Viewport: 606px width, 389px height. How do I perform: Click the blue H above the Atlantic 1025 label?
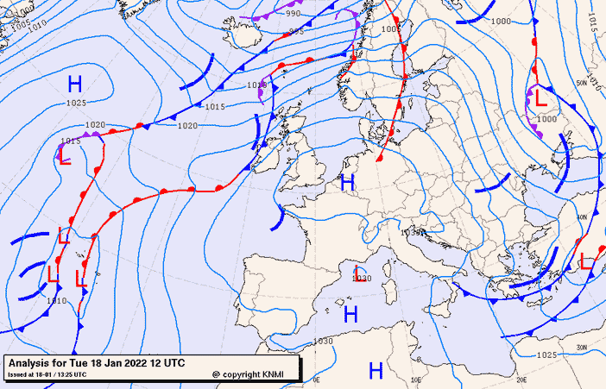pyautogui.click(x=75, y=84)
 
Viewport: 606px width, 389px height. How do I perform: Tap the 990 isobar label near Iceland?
pyautogui.click(x=294, y=14)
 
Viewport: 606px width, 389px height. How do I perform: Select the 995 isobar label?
pyautogui.click(x=296, y=31)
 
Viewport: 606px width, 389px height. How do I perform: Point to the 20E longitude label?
pyautogui.click(x=521, y=379)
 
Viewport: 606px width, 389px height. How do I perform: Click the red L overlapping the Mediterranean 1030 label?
pyautogui.click(x=357, y=273)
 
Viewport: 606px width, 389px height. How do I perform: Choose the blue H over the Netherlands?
pyautogui.click(x=347, y=182)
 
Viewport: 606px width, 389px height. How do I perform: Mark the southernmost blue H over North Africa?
pyautogui.click(x=376, y=371)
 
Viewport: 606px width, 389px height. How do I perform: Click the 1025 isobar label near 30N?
pyautogui.click(x=546, y=354)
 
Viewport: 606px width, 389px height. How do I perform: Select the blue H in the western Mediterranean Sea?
pyautogui.click(x=350, y=314)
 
